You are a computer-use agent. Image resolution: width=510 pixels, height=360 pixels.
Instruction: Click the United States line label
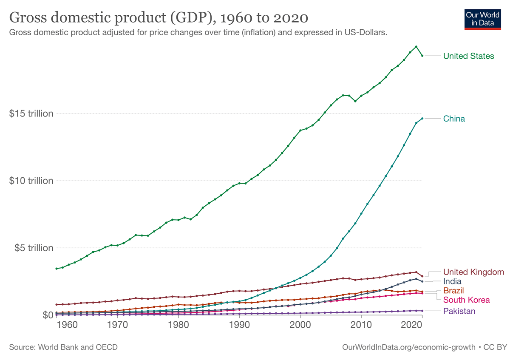(x=468, y=56)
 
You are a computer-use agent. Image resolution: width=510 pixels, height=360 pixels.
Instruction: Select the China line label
(x=454, y=119)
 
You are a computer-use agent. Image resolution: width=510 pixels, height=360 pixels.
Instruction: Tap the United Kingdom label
(x=473, y=272)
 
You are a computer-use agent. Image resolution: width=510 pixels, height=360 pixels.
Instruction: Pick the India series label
(x=452, y=281)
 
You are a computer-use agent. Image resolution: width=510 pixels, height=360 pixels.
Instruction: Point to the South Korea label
(x=466, y=300)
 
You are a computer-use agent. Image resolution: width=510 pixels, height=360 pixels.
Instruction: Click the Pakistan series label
(x=459, y=311)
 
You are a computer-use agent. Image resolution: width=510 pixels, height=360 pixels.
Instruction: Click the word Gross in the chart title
(x=28, y=18)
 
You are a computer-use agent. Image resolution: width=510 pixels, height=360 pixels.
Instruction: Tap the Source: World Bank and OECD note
(x=63, y=347)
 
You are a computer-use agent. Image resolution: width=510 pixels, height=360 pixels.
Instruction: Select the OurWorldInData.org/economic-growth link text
(x=408, y=347)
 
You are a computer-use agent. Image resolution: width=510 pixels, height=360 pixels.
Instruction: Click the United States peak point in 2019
(x=416, y=47)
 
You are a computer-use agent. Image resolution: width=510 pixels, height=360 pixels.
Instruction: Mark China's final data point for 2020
(x=422, y=118)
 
